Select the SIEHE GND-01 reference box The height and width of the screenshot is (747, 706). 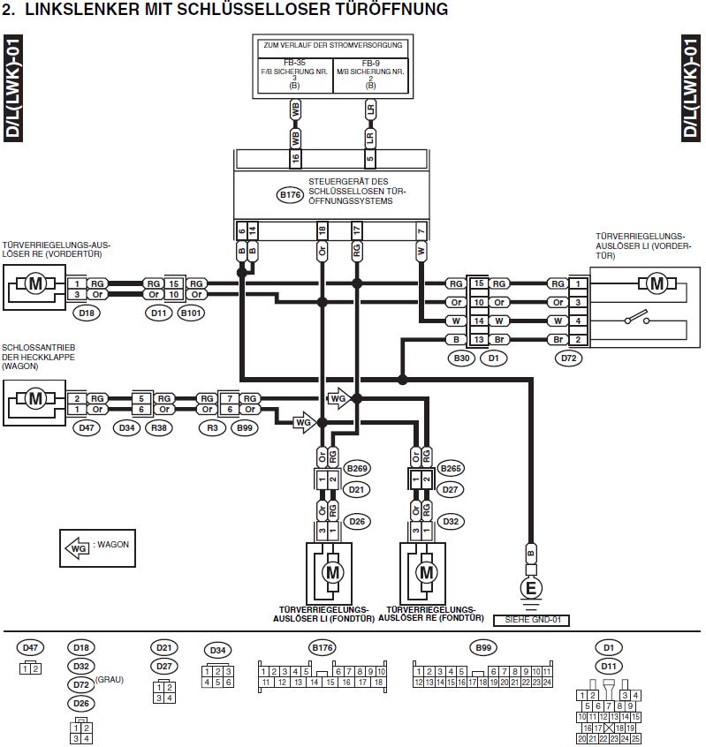point(531,620)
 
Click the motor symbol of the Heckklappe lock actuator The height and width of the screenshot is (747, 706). point(35,399)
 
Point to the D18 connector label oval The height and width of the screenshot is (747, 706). point(86,313)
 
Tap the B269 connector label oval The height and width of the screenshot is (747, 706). point(357,468)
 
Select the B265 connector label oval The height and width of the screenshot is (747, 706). point(452,468)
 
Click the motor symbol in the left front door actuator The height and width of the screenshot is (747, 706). point(657,283)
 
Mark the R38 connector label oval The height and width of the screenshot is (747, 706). point(159,428)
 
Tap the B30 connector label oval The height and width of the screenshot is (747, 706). point(461,358)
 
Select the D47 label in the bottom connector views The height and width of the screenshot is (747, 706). point(30,647)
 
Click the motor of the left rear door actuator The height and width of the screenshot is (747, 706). point(332,573)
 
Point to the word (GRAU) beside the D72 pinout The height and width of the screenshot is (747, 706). point(110,681)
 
